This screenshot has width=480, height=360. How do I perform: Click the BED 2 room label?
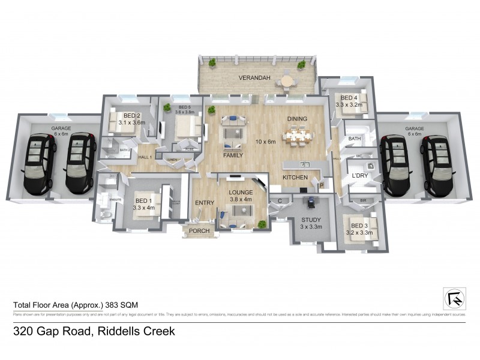tap(131, 115)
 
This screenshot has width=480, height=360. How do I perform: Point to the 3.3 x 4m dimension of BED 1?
tap(145, 208)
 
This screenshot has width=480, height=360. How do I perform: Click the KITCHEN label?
tap(295, 178)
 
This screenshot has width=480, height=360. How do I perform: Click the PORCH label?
tap(199, 230)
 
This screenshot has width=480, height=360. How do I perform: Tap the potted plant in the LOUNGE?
tap(262, 224)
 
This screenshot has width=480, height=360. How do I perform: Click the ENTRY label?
tap(204, 203)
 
